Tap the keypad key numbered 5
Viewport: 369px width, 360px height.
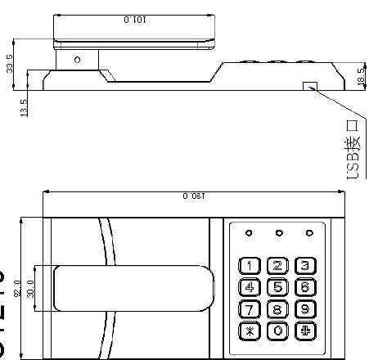pos(279,286)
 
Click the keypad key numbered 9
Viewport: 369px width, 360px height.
pos(306,309)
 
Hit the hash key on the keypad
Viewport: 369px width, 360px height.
pos(306,331)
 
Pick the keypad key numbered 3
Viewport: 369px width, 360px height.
pos(306,264)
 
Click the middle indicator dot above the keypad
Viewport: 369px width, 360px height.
pos(279,233)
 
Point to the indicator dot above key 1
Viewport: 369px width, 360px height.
pos(250,233)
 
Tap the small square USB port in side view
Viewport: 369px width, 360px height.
pos(309,86)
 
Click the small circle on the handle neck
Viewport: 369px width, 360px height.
pos(76,60)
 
